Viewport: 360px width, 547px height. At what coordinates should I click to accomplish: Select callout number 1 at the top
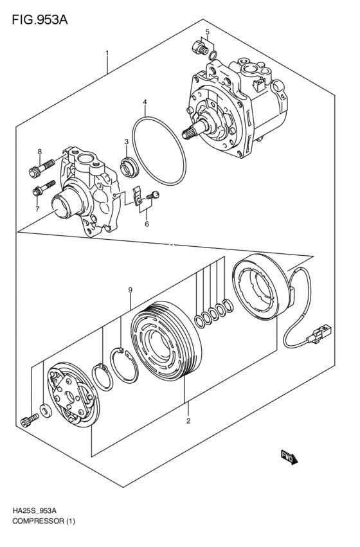point(107,53)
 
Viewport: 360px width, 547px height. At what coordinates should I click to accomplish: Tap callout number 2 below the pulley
point(188,422)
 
